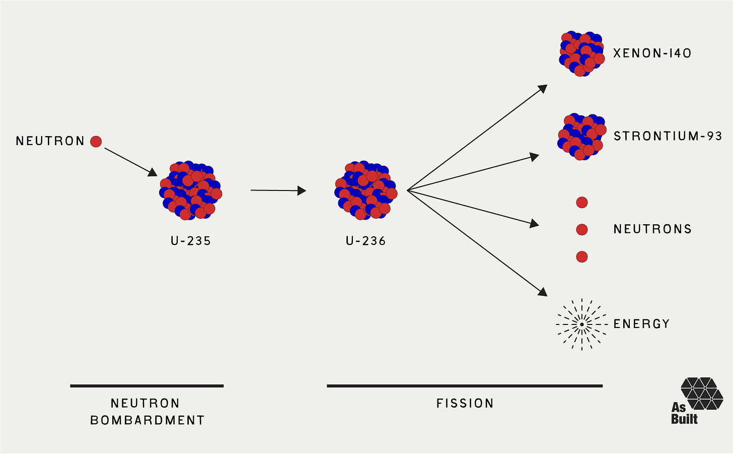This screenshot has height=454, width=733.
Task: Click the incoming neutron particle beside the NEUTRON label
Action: pyautogui.click(x=96, y=142)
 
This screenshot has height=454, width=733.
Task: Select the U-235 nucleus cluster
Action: pyautogui.click(x=191, y=191)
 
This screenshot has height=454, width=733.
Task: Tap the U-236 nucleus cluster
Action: pyautogui.click(x=366, y=191)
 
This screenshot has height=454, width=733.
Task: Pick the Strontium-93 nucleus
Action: pyautogui.click(x=580, y=137)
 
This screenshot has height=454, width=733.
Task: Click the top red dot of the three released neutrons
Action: pyautogui.click(x=581, y=203)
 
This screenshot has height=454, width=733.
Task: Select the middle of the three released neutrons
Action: pyautogui.click(x=581, y=230)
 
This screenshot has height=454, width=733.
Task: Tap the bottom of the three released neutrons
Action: pyautogui.click(x=581, y=257)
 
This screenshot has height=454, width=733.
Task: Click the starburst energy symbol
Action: pyautogui.click(x=581, y=325)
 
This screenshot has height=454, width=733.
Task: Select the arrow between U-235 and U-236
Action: pyautogui.click(x=278, y=190)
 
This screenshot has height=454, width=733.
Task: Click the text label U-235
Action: pyautogui.click(x=191, y=241)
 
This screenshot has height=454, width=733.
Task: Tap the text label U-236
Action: pyautogui.click(x=366, y=241)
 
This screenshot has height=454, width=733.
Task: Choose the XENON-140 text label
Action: pyautogui.click(x=652, y=53)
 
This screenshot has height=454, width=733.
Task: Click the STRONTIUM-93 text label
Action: pyautogui.click(x=668, y=136)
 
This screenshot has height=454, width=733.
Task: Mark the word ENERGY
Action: pyautogui.click(x=641, y=324)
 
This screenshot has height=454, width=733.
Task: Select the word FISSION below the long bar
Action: pyautogui.click(x=465, y=404)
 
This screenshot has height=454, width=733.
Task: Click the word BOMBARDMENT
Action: pyautogui.click(x=148, y=420)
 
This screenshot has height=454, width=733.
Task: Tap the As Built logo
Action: pyautogui.click(x=697, y=401)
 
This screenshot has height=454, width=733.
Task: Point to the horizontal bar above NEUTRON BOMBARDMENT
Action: pyautogui.click(x=146, y=386)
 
